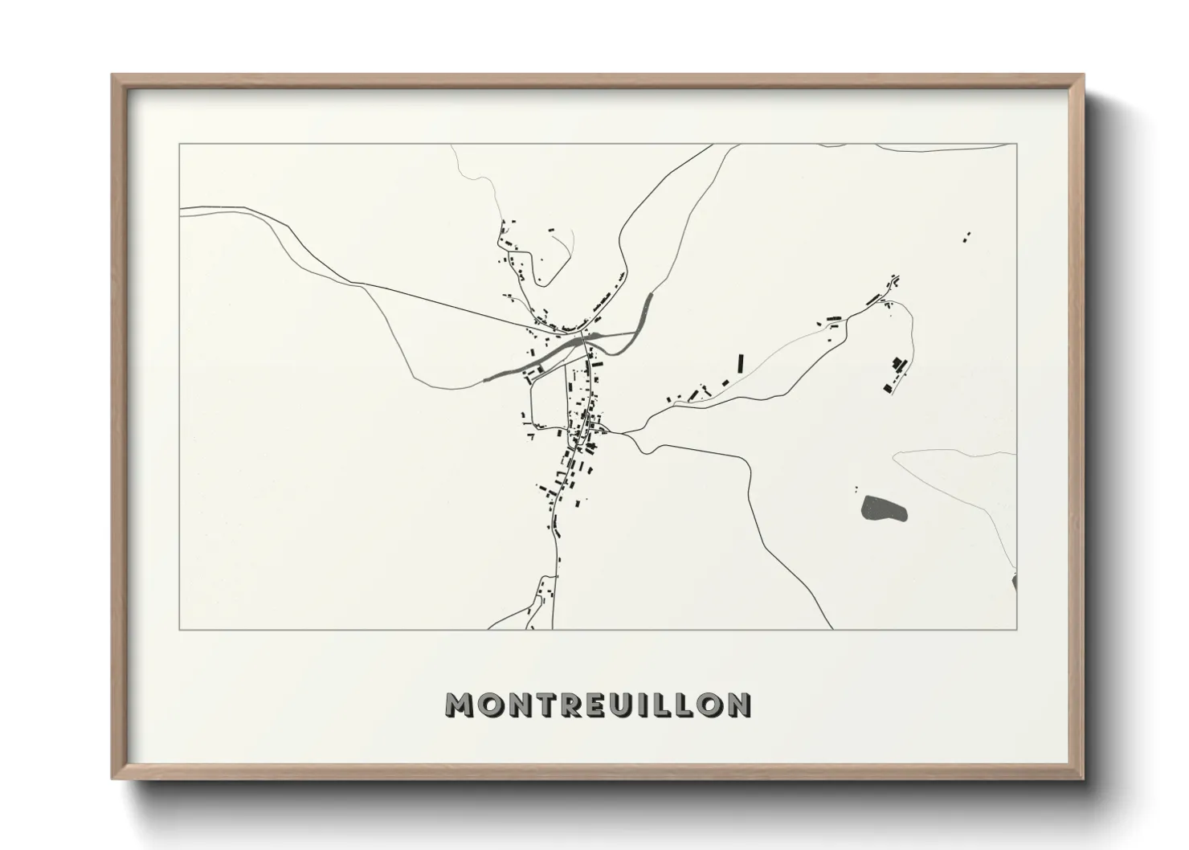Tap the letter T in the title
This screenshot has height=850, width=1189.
(545, 705)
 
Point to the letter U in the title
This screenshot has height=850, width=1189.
(624, 705)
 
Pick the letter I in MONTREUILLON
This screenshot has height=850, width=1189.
(647, 705)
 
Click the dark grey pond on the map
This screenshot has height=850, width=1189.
(884, 509)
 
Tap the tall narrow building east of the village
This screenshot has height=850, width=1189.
(740, 362)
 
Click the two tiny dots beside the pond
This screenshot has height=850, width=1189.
(856, 488)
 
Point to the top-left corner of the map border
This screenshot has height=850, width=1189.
(180, 145)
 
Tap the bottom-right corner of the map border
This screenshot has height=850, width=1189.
(1016, 629)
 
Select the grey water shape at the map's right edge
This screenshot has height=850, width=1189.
(1015, 582)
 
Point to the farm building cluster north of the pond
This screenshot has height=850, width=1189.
(895, 374)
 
